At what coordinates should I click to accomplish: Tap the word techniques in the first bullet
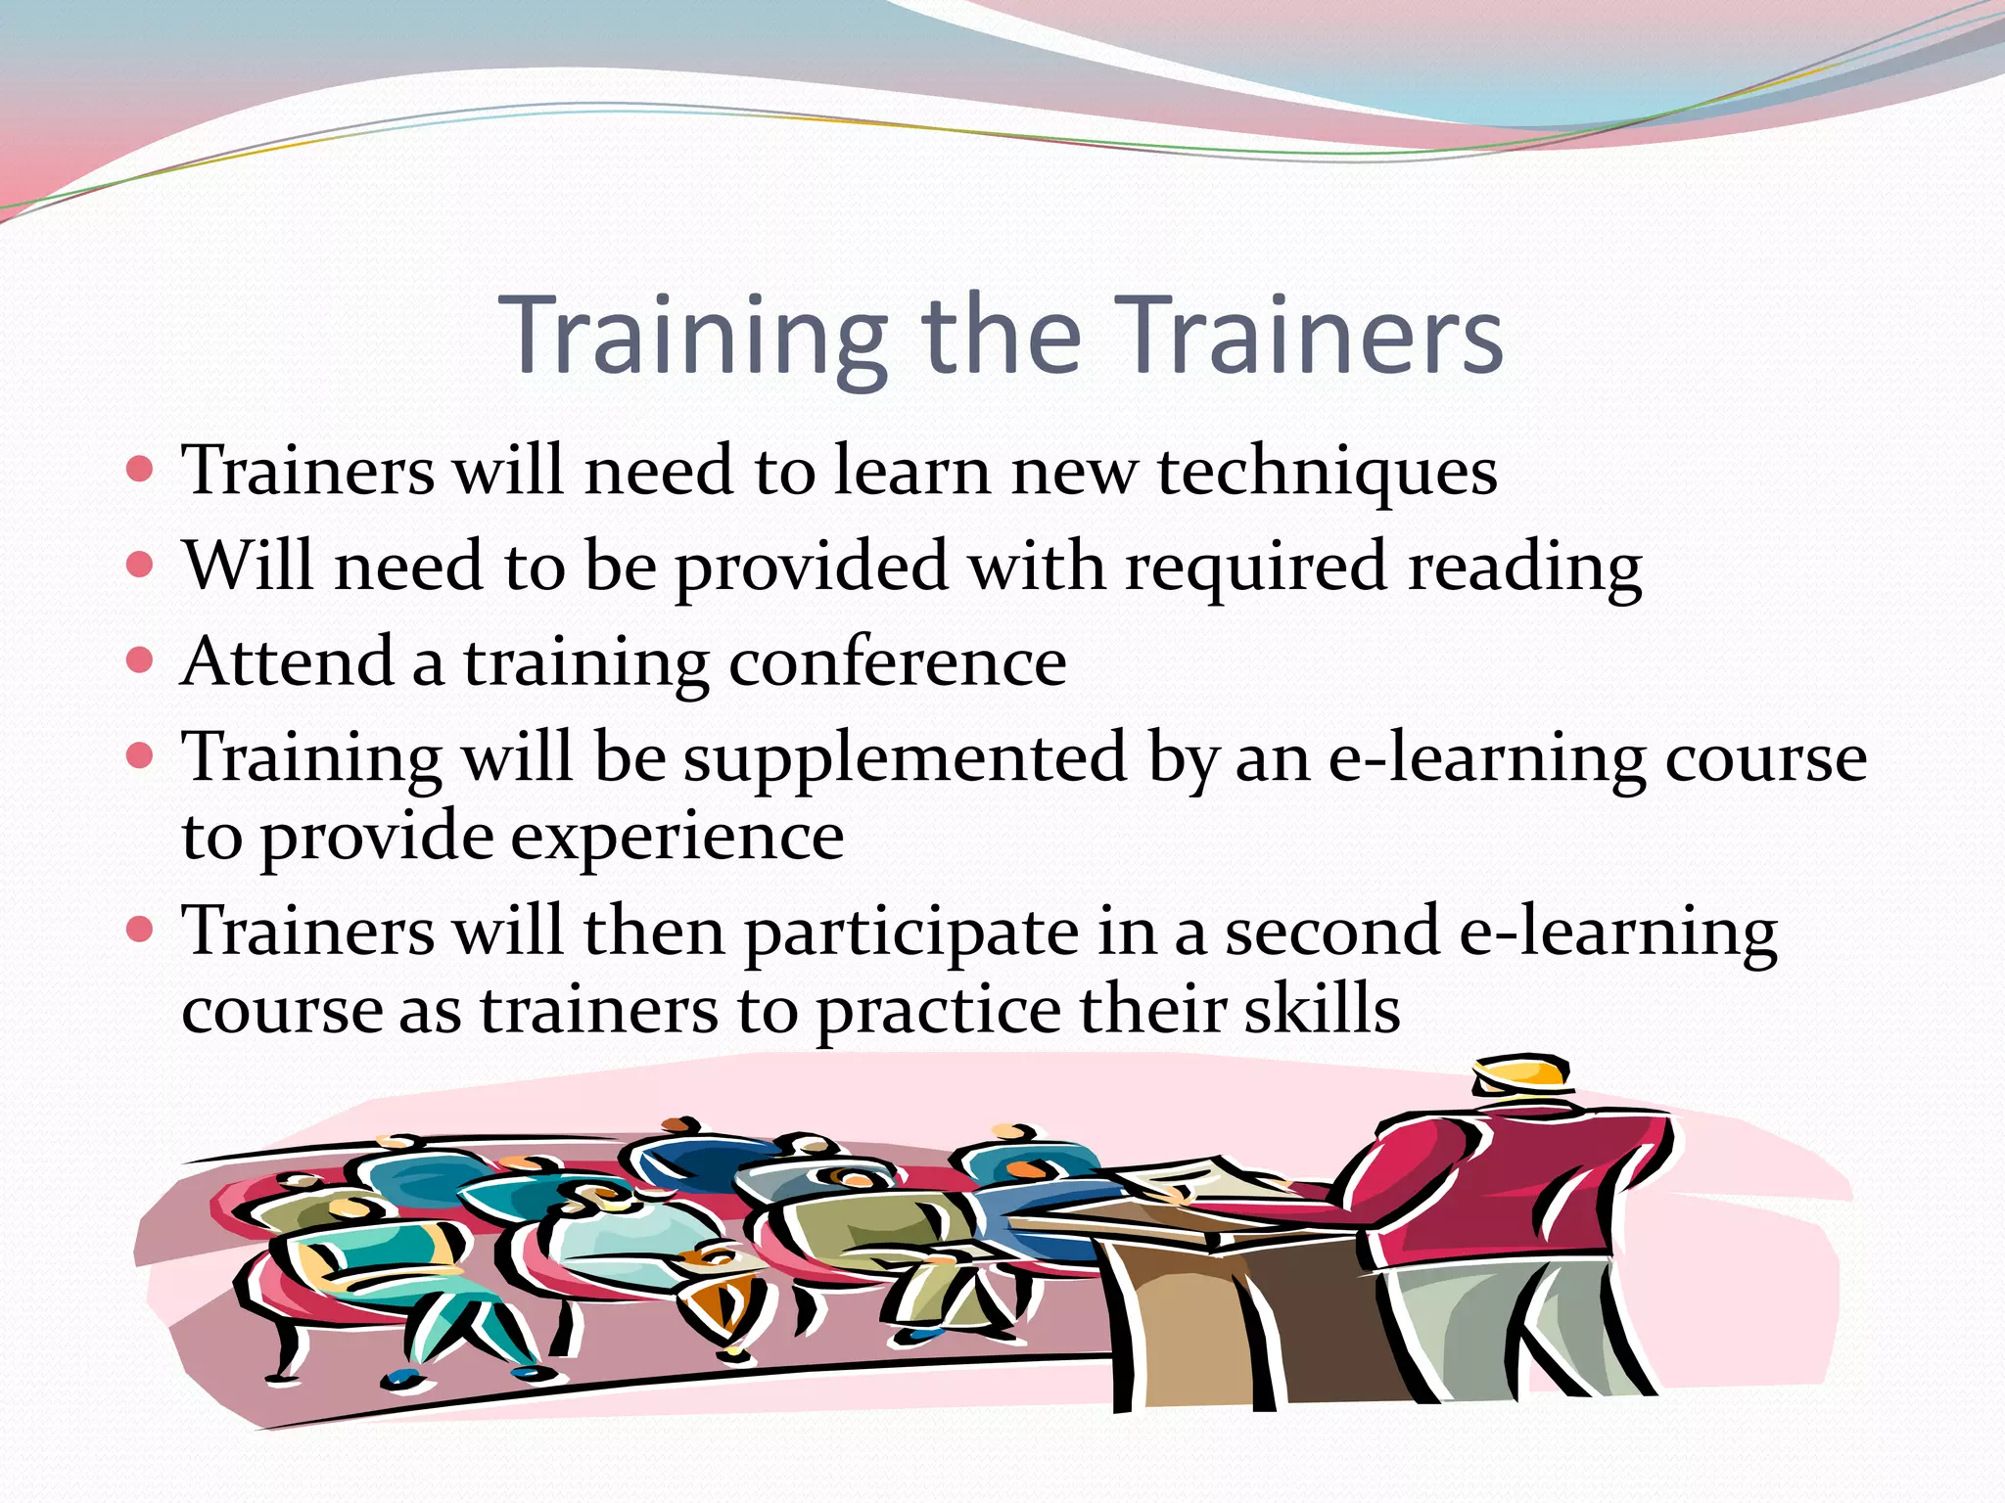point(1327,472)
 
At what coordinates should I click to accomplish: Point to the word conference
point(897,663)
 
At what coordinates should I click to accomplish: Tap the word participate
point(910,933)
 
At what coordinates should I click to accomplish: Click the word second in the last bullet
point(1331,932)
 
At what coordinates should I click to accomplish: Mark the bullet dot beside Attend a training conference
point(141,660)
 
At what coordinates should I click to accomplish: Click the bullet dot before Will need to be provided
point(141,565)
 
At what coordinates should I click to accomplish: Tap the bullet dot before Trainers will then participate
point(141,930)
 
